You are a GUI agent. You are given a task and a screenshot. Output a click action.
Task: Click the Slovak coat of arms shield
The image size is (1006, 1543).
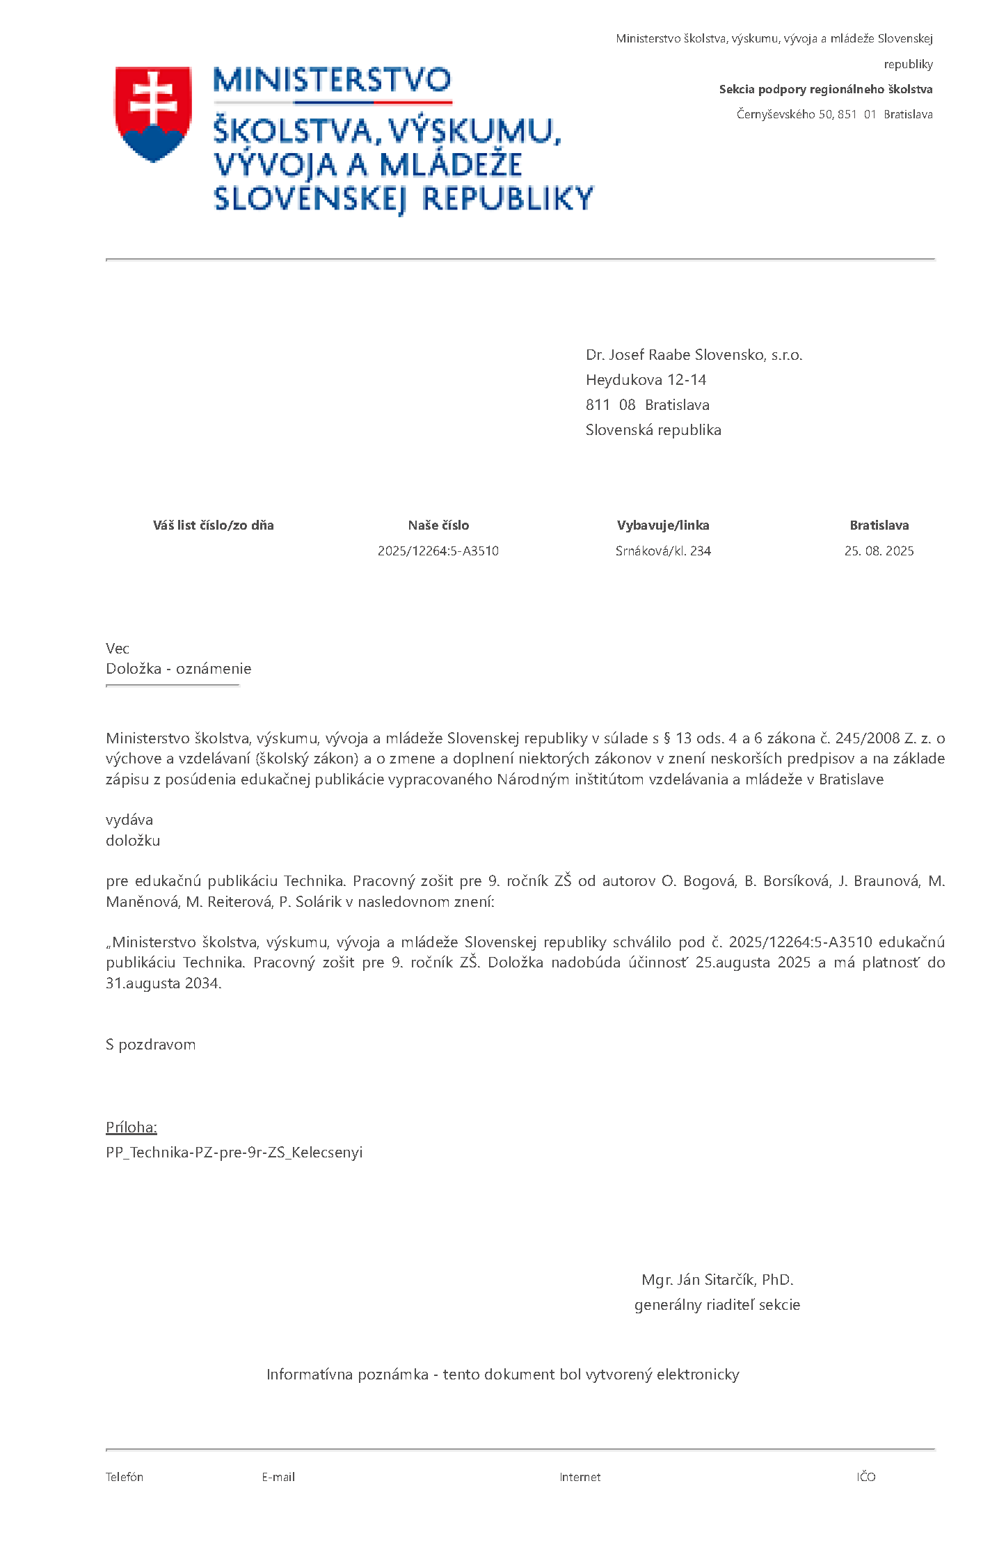coord(153,113)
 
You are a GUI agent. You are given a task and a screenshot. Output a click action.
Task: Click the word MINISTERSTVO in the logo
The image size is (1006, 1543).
coord(332,81)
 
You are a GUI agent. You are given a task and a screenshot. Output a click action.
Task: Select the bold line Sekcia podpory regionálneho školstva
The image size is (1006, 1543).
coord(825,89)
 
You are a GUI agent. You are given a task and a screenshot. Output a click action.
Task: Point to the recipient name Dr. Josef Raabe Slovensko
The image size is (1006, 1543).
coord(694,355)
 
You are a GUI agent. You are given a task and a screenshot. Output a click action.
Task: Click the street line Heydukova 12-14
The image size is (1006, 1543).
coord(646,380)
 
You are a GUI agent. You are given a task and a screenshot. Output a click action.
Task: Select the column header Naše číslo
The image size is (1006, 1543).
coord(438,525)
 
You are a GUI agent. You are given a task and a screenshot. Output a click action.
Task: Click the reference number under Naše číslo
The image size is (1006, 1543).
coord(438,551)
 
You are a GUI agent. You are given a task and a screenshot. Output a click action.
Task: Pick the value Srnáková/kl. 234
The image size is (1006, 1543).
coord(663,551)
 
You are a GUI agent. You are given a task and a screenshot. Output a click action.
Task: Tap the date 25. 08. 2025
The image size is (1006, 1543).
coord(879,551)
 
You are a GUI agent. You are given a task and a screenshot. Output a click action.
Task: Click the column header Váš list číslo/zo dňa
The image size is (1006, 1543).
coord(213,525)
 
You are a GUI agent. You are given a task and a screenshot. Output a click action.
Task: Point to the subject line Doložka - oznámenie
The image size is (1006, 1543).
coord(179,669)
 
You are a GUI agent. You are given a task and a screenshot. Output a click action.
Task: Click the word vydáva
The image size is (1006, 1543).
coord(129,820)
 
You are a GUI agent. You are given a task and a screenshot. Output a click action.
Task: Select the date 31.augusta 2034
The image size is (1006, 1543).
coord(163,983)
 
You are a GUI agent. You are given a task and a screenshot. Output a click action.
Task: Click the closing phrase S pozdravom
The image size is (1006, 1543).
coord(151,1045)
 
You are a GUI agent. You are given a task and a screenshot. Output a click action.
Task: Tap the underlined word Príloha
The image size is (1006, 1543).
coord(131,1127)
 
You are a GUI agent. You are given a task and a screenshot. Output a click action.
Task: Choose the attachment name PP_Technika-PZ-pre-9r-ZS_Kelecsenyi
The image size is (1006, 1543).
coord(234,1153)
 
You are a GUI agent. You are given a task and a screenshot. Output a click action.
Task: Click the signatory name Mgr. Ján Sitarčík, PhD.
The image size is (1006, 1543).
coord(717,1280)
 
